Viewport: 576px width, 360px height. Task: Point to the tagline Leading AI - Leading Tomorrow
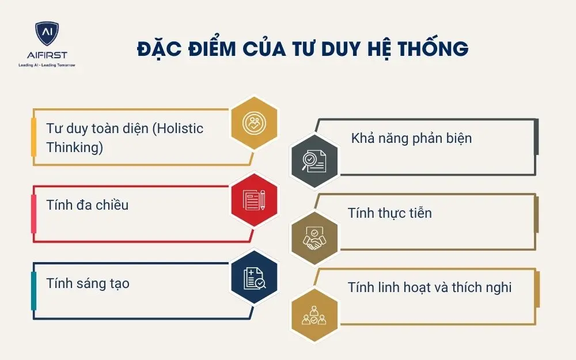click(x=47, y=65)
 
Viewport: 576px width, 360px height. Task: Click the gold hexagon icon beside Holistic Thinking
click(x=254, y=122)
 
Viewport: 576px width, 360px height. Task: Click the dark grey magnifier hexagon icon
click(x=314, y=161)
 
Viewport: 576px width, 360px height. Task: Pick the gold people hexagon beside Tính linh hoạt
click(x=314, y=314)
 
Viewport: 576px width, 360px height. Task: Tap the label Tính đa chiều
click(x=87, y=204)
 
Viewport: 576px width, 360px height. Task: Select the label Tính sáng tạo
click(x=88, y=283)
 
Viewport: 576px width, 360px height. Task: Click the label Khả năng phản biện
click(x=411, y=138)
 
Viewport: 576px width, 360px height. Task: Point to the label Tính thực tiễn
click(x=389, y=213)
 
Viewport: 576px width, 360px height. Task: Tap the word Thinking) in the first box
click(x=74, y=147)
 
